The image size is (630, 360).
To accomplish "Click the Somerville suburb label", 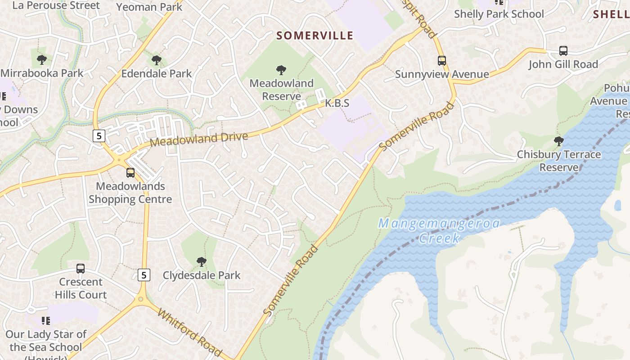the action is click(315, 36).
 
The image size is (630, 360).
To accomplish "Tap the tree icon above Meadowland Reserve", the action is click(281, 70).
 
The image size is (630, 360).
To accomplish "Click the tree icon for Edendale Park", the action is click(156, 60).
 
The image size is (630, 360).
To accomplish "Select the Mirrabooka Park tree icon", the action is click(42, 59).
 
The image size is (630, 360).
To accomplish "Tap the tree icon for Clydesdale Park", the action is click(202, 261).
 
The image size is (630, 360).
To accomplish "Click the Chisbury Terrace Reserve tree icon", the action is click(558, 141).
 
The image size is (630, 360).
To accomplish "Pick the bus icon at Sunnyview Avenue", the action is click(442, 60).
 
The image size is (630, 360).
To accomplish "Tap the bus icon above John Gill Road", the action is click(563, 50).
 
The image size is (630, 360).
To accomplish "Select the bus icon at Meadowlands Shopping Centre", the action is click(130, 172).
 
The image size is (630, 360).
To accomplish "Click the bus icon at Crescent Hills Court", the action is click(81, 269).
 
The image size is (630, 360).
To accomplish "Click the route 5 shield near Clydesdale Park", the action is click(144, 274).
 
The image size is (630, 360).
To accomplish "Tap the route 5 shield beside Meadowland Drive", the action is click(99, 135).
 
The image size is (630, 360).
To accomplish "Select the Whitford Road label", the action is click(189, 332).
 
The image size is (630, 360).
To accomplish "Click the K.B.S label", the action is click(337, 103).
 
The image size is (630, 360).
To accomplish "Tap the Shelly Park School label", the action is click(499, 14).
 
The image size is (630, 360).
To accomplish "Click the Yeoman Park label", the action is click(149, 7).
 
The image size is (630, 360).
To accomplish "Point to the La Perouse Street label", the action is click(56, 5).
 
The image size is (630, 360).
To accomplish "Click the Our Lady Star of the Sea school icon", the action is click(45, 320).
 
